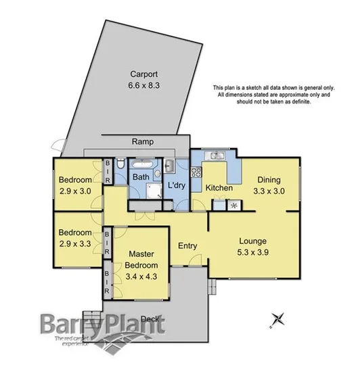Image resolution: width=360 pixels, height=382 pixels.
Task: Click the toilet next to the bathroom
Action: pos(119,165)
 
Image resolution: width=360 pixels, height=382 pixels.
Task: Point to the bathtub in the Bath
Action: pos(142,164)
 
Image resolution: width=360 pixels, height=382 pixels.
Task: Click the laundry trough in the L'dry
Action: pos(170,166)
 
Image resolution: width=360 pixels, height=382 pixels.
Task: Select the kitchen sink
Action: pos(216,156)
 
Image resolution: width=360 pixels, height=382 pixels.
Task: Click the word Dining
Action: pos(269,179)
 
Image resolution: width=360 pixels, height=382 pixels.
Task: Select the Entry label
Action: pos(187,245)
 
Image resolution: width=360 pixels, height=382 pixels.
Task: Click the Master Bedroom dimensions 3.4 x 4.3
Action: pos(144,275)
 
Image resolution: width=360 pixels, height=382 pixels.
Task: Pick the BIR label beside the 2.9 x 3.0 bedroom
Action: pos(107,174)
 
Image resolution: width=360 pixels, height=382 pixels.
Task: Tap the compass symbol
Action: pos(277,318)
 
